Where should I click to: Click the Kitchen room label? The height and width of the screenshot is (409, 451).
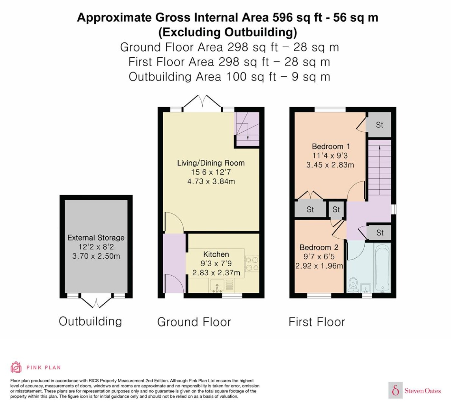pos(216,254)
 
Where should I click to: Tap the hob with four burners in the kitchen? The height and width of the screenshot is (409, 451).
pos(252,263)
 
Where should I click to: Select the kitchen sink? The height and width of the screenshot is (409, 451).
pos(217,286)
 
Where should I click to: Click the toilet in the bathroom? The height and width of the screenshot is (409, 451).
pos(353,285)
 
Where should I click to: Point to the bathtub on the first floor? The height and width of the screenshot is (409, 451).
pos(382,268)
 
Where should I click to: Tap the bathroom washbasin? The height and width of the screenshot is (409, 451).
pos(366,288)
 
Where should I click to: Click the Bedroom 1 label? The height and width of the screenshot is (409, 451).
pos(331,147)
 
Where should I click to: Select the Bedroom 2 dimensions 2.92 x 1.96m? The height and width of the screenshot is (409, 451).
pos(319,266)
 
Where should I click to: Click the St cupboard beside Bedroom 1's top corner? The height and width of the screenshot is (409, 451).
pos(379,125)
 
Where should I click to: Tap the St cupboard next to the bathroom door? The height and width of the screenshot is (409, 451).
pos(380,233)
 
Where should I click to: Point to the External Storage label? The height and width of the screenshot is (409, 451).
pos(96,238)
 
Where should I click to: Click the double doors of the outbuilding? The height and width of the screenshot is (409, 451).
pos(96,300)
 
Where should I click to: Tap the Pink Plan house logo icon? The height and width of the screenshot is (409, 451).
pos(16,367)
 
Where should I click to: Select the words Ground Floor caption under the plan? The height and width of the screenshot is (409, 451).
pos(194,322)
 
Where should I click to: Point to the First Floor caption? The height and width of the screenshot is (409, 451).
pos(317,322)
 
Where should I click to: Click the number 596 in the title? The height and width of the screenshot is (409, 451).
pos(283,17)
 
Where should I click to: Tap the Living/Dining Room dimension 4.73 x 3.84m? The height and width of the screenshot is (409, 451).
pos(211,181)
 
